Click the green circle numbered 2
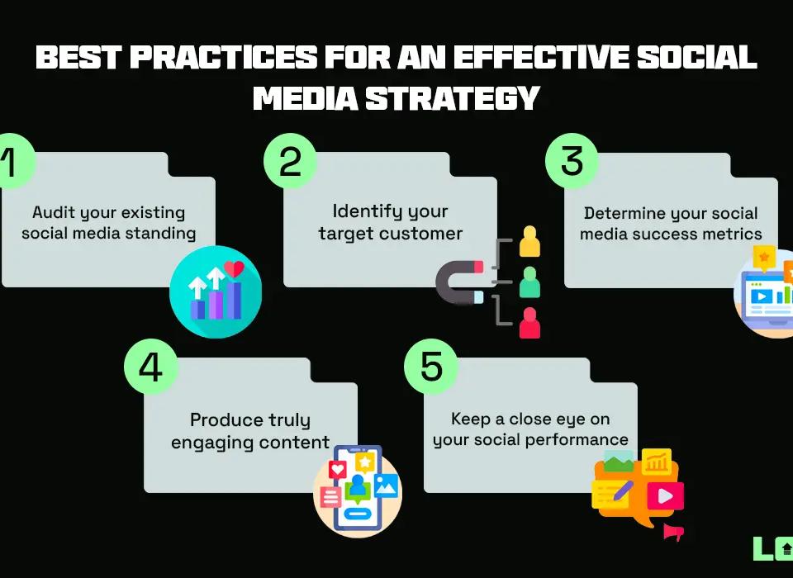[x=290, y=161]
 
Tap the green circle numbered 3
[x=572, y=161]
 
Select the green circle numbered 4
[x=150, y=367]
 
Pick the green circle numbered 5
[x=431, y=367]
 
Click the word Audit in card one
[x=52, y=213]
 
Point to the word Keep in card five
[x=468, y=419]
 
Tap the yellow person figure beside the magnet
[x=529, y=243]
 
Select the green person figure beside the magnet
[x=529, y=284]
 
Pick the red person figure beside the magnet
[x=529, y=324]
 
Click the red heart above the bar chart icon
[x=235, y=269]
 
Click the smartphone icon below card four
[x=357, y=487]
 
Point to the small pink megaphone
[x=674, y=533]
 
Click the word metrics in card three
[x=734, y=234]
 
